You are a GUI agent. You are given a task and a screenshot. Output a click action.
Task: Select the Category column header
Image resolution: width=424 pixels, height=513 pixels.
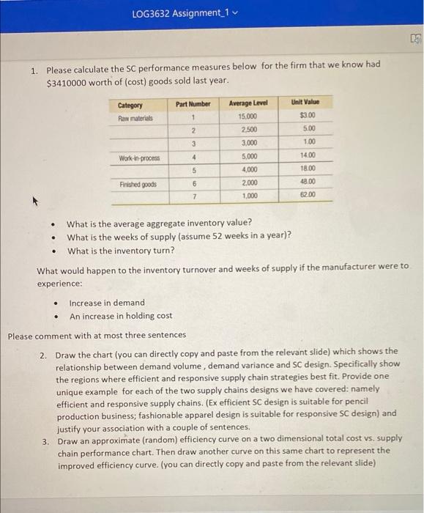[130, 106]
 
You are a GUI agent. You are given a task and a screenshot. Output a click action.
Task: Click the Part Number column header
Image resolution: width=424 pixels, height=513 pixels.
[193, 104]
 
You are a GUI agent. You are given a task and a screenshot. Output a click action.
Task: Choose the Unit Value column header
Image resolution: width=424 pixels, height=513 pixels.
[305, 103]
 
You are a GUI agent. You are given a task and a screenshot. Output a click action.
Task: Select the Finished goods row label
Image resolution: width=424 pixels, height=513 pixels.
[135, 185]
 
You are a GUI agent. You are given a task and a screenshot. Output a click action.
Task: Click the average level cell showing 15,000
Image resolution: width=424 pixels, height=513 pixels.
[248, 117]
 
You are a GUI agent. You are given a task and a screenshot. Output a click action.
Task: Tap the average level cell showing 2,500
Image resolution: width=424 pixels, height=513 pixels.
[248, 130]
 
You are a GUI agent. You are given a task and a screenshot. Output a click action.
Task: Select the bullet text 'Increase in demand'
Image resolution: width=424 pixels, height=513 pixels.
[107, 303]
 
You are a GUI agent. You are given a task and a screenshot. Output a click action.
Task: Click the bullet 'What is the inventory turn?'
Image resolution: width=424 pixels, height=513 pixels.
[120, 251]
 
